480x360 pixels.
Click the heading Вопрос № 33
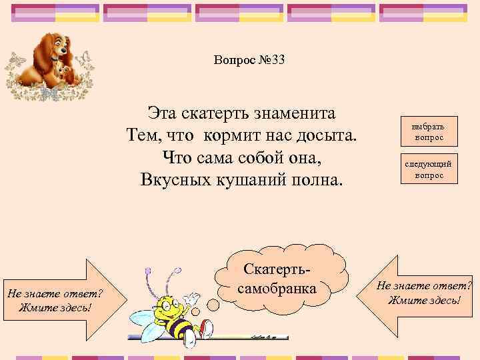point(249,61)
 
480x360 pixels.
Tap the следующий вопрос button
point(428,169)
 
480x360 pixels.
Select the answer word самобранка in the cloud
point(277,291)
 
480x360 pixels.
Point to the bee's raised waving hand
point(193,296)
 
